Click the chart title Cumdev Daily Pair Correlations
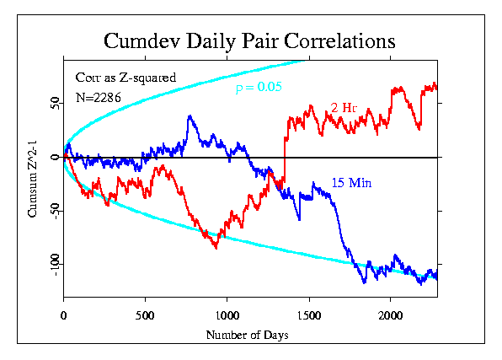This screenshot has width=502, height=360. click(x=249, y=41)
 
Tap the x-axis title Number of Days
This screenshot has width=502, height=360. click(x=247, y=335)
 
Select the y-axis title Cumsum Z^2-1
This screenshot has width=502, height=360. click(x=33, y=179)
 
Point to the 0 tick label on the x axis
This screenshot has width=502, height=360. click(x=64, y=316)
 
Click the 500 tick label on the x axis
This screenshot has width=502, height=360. click(x=145, y=316)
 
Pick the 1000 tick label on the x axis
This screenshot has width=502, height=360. click(x=227, y=316)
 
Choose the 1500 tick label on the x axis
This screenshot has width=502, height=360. click(x=309, y=316)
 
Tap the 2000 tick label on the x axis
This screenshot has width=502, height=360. click(x=391, y=316)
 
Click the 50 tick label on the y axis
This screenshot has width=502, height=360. click(x=56, y=103)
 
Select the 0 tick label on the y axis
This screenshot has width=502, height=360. click(x=56, y=157)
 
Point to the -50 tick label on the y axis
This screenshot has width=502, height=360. click(x=56, y=211)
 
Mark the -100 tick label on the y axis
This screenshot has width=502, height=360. click(x=56, y=264)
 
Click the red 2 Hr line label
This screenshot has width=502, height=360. click(x=344, y=108)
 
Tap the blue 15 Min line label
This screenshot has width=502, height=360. click(x=351, y=183)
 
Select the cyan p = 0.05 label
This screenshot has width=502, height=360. click(x=259, y=87)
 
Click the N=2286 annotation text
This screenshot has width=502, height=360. click(x=99, y=98)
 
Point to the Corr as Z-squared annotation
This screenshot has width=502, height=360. click(x=125, y=78)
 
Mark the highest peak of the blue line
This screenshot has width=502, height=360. click(x=190, y=116)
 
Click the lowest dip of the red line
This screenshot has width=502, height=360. click(x=216, y=248)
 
